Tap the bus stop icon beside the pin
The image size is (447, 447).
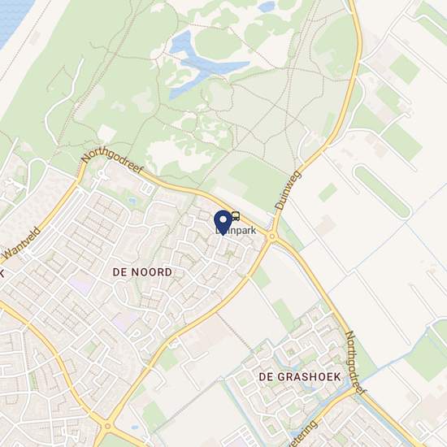[236, 216]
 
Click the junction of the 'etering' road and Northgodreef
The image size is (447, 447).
[355, 391]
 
